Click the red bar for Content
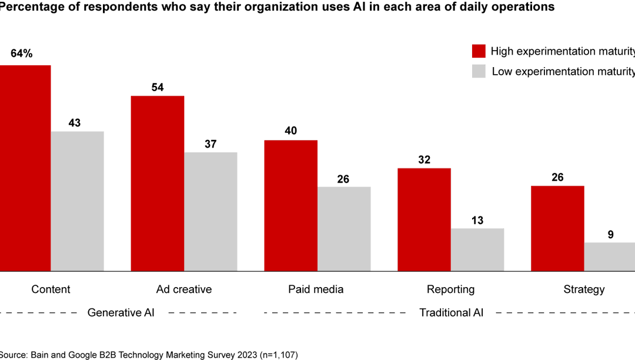pos(25,168)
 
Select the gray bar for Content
pos(78,201)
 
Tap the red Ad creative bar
pos(158,183)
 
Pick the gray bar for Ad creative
pos(210,211)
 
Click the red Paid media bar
pos(291,205)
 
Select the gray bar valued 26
pos(344,229)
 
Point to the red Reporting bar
pos(424,219)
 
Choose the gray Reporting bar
pos(477,249)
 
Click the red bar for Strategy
pos(557,228)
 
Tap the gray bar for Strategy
pos(610,256)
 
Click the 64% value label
pos(22,54)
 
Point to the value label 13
pos(477,221)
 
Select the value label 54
pos(158,88)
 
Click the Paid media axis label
pos(316,289)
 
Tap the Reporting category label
pos(450,289)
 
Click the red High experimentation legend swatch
pos(479,51)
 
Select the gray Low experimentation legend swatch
pos(479,71)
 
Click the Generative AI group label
pos(121,312)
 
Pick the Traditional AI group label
pos(451,312)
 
